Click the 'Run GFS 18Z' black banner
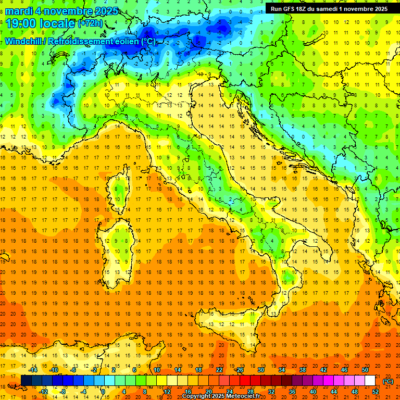pos(328,9)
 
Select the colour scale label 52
pos(376,391)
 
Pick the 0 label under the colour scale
pos(103,391)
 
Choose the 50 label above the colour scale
pos(365,370)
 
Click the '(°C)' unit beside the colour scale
pos(388,381)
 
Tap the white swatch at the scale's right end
pos(370,381)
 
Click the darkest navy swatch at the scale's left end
pos(26,381)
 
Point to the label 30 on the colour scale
pos(261,370)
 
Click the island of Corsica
pos(121,187)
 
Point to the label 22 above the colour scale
pos(219,370)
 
